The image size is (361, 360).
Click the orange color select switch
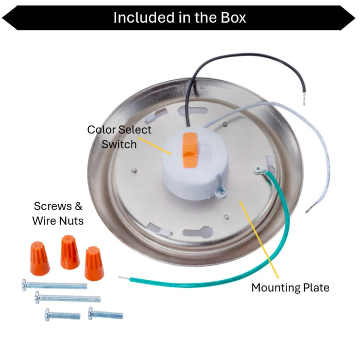tap(190, 150)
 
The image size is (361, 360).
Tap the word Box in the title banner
tap(233, 17)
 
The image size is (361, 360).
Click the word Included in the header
tap(144, 17)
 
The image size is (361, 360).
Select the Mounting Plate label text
tap(290, 288)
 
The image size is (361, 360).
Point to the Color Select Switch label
tap(119, 137)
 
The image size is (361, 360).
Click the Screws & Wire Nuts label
tap(58, 213)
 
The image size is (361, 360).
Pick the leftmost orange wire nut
tap(40, 258)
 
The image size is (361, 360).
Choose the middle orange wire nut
tap(70, 252)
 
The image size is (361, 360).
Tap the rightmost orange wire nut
tap(94, 263)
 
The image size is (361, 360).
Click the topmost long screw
tap(55, 285)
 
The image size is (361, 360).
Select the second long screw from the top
tap(67, 298)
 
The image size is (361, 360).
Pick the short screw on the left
tap(63, 315)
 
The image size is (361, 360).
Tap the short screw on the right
tap(106, 314)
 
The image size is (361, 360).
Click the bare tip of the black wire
tap(304, 98)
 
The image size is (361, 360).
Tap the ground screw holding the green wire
tap(257, 170)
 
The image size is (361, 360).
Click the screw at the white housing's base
tap(221, 191)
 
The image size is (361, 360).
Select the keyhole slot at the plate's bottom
tap(197, 232)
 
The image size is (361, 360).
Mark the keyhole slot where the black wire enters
tap(193, 111)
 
